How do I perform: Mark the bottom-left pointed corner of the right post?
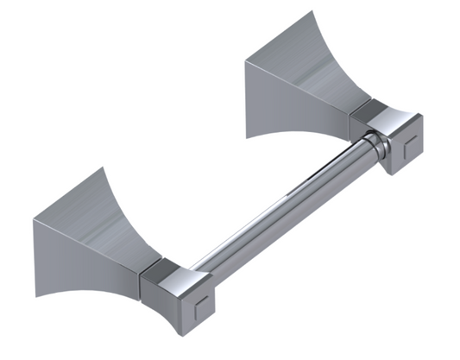247,63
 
